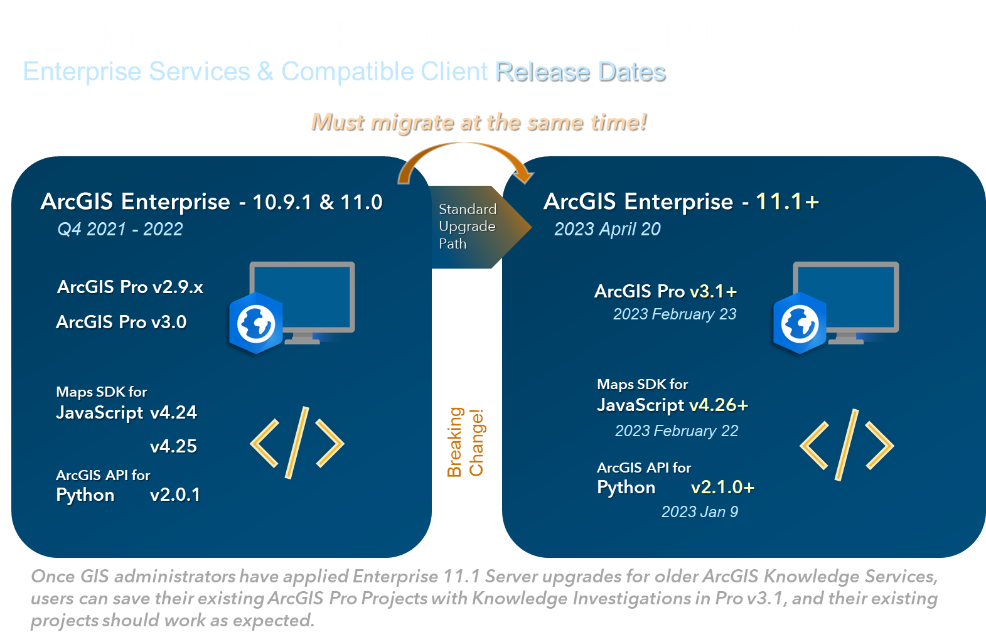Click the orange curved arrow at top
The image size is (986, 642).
point(465,145)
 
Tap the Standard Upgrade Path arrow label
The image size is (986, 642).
point(468,226)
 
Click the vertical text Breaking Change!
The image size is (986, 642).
point(465,442)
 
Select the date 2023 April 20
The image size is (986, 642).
point(607,229)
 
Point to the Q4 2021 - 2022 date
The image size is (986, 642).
point(120,229)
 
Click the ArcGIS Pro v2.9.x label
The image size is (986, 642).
point(131,287)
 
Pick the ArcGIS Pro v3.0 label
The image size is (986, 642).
point(122,322)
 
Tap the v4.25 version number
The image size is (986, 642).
point(173,446)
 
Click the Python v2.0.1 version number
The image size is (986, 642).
point(175,495)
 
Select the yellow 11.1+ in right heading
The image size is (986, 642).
point(788,202)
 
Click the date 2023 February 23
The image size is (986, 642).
point(675,314)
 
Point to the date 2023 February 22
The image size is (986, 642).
point(677,431)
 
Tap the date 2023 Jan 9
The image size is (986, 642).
point(700,511)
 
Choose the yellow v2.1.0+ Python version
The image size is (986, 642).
point(723,487)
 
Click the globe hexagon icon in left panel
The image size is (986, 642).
point(255,323)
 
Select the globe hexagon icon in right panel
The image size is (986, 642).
point(800,323)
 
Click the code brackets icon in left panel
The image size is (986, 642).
point(297,442)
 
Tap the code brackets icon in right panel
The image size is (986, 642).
point(847,445)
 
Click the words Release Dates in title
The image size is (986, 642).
point(581,72)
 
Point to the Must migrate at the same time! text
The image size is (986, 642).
point(479,122)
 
